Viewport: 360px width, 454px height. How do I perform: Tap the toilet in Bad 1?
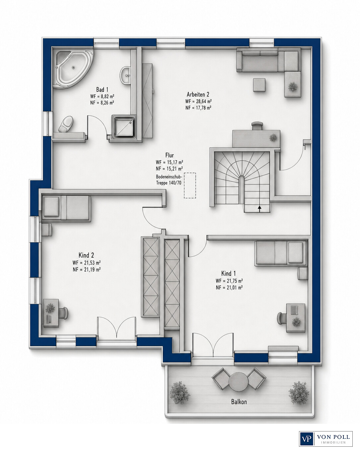point(66,124)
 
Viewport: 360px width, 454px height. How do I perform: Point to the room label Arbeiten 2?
point(198,94)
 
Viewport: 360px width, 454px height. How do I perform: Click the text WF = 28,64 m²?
point(198,101)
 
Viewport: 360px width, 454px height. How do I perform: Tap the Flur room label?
point(169,155)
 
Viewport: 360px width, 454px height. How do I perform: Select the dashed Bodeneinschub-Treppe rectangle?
point(190,186)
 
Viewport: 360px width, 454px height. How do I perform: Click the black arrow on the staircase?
point(260,208)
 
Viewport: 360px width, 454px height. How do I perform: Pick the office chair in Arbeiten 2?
point(257,126)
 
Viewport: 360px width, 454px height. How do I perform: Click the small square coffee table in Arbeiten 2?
point(259,85)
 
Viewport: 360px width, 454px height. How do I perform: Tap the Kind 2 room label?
point(86,255)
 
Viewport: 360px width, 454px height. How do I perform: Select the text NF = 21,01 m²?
point(229,287)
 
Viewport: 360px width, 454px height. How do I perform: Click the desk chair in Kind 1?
point(281,318)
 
